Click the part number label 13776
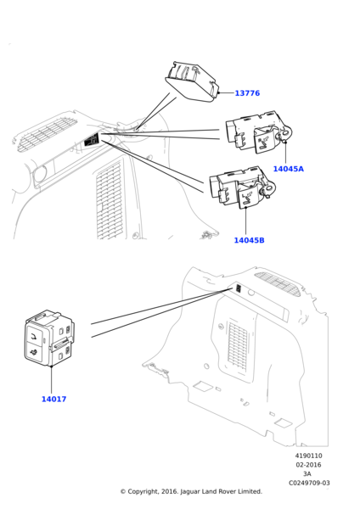click(247, 93)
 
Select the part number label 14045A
click(288, 169)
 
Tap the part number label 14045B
click(250, 240)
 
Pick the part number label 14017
click(54, 400)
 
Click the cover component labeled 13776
click(192, 81)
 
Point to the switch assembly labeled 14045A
click(259, 131)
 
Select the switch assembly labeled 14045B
click(242, 187)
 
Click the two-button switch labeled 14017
click(49, 338)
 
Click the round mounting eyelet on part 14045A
click(286, 133)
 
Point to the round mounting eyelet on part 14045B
click(270, 187)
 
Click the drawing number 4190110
click(308, 456)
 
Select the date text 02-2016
click(308, 465)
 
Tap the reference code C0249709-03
click(309, 483)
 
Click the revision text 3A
click(307, 474)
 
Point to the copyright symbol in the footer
click(123, 492)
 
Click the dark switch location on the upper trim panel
click(91, 140)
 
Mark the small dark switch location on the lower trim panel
click(239, 288)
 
